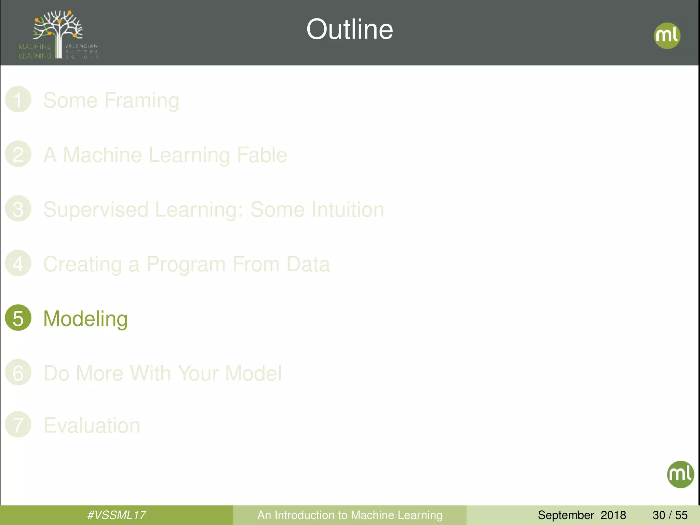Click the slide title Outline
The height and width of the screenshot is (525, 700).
(x=350, y=29)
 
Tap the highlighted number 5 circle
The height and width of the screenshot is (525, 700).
(x=18, y=318)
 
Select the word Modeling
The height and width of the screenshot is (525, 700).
(x=85, y=319)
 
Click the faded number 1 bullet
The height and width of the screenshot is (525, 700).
(x=18, y=99)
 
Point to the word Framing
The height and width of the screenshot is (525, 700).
(x=142, y=101)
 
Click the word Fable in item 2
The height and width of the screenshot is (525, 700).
(x=262, y=155)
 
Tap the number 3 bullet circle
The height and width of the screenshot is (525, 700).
(x=18, y=208)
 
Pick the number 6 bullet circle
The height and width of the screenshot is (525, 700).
(x=18, y=372)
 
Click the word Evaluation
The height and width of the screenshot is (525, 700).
(x=92, y=426)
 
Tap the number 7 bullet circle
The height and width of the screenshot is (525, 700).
(x=18, y=424)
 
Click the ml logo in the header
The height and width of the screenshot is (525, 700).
(x=667, y=36)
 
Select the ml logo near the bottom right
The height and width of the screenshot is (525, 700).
(x=680, y=474)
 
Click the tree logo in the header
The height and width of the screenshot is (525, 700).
(x=58, y=34)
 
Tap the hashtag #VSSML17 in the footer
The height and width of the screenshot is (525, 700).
(x=117, y=515)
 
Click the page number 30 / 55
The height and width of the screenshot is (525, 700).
(x=670, y=515)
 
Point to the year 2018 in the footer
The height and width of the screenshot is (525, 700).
(x=613, y=515)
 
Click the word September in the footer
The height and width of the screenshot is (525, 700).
(x=566, y=515)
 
